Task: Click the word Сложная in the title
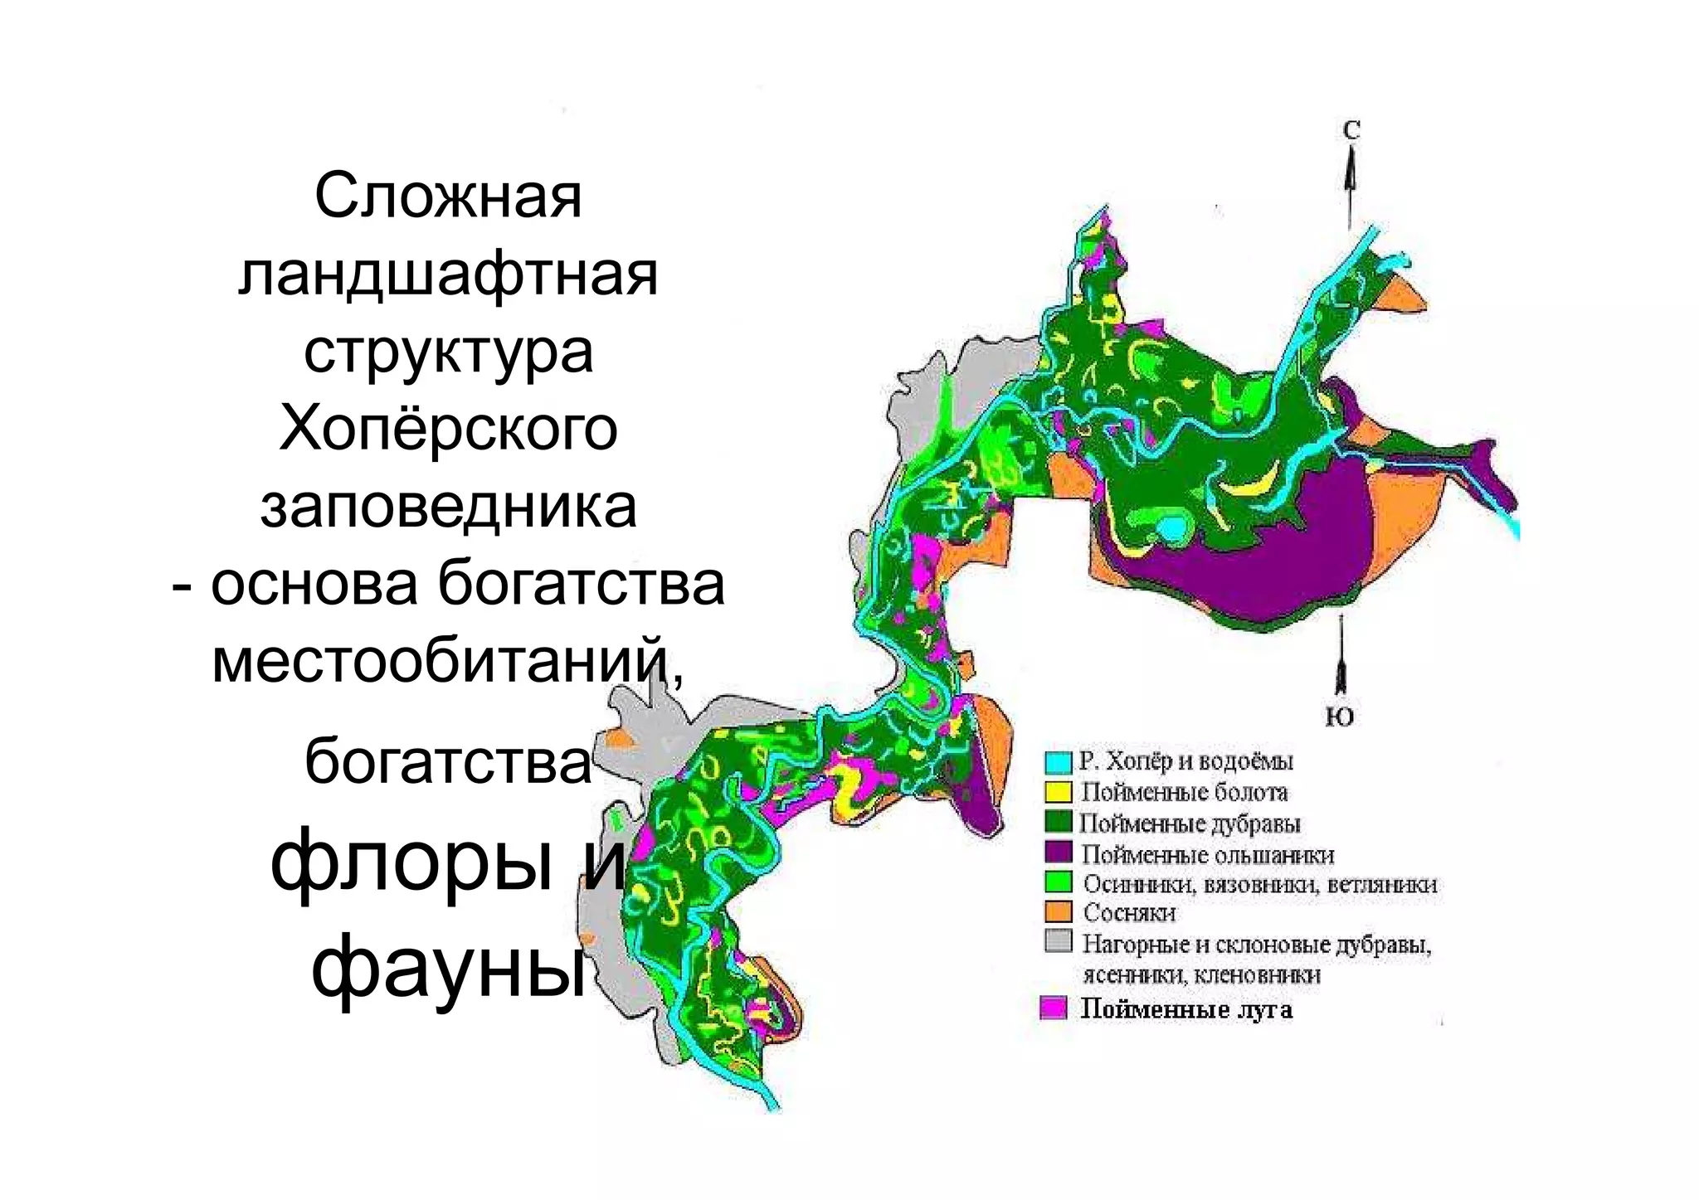(448, 197)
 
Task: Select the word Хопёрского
(448, 429)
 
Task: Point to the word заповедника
(448, 506)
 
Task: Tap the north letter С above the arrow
(1351, 130)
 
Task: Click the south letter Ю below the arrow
(1339, 717)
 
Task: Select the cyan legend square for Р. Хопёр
(1059, 761)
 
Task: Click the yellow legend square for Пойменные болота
(1059, 792)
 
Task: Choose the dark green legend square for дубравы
(1059, 823)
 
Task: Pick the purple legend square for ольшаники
(1059, 853)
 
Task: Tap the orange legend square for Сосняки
(1059, 913)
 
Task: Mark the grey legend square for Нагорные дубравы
(1059, 943)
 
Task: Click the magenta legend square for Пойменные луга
(1054, 1008)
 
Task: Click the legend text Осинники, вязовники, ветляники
(1259, 884)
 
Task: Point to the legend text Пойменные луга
(1185, 1009)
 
